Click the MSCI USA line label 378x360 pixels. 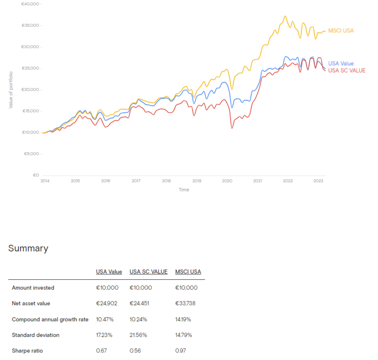(341, 31)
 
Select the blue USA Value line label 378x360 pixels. (341, 64)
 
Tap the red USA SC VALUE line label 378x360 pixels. (346, 71)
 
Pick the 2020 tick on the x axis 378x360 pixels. (227, 181)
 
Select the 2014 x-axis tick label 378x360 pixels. (45, 181)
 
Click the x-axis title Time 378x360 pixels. (184, 190)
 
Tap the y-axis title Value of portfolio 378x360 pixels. (11, 89)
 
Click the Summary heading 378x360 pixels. (28, 248)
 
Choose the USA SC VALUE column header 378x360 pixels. (148, 272)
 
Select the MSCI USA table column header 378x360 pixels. (188, 272)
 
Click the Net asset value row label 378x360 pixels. (31, 303)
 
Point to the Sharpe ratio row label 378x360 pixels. (27, 350)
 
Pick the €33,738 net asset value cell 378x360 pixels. (186, 303)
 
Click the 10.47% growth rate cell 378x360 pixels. (105, 319)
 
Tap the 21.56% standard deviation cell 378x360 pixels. (139, 335)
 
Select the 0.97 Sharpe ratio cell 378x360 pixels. (181, 350)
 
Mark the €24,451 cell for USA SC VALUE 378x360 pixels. (140, 303)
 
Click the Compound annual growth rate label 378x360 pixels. (50, 319)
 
